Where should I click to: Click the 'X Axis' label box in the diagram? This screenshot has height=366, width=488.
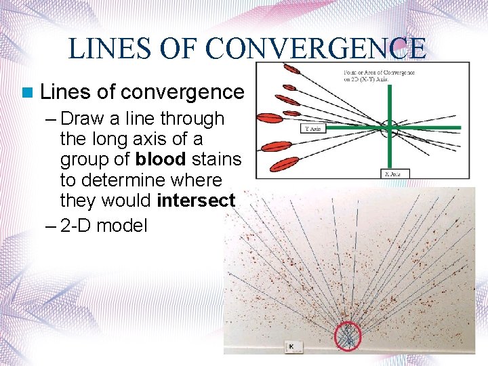point(393,174)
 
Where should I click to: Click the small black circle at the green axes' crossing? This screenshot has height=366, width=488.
point(390,127)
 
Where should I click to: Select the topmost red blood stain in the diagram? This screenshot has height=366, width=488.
point(293,69)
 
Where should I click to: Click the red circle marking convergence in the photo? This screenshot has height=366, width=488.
point(348,335)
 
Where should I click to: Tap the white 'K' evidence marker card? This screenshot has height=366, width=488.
point(292,346)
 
